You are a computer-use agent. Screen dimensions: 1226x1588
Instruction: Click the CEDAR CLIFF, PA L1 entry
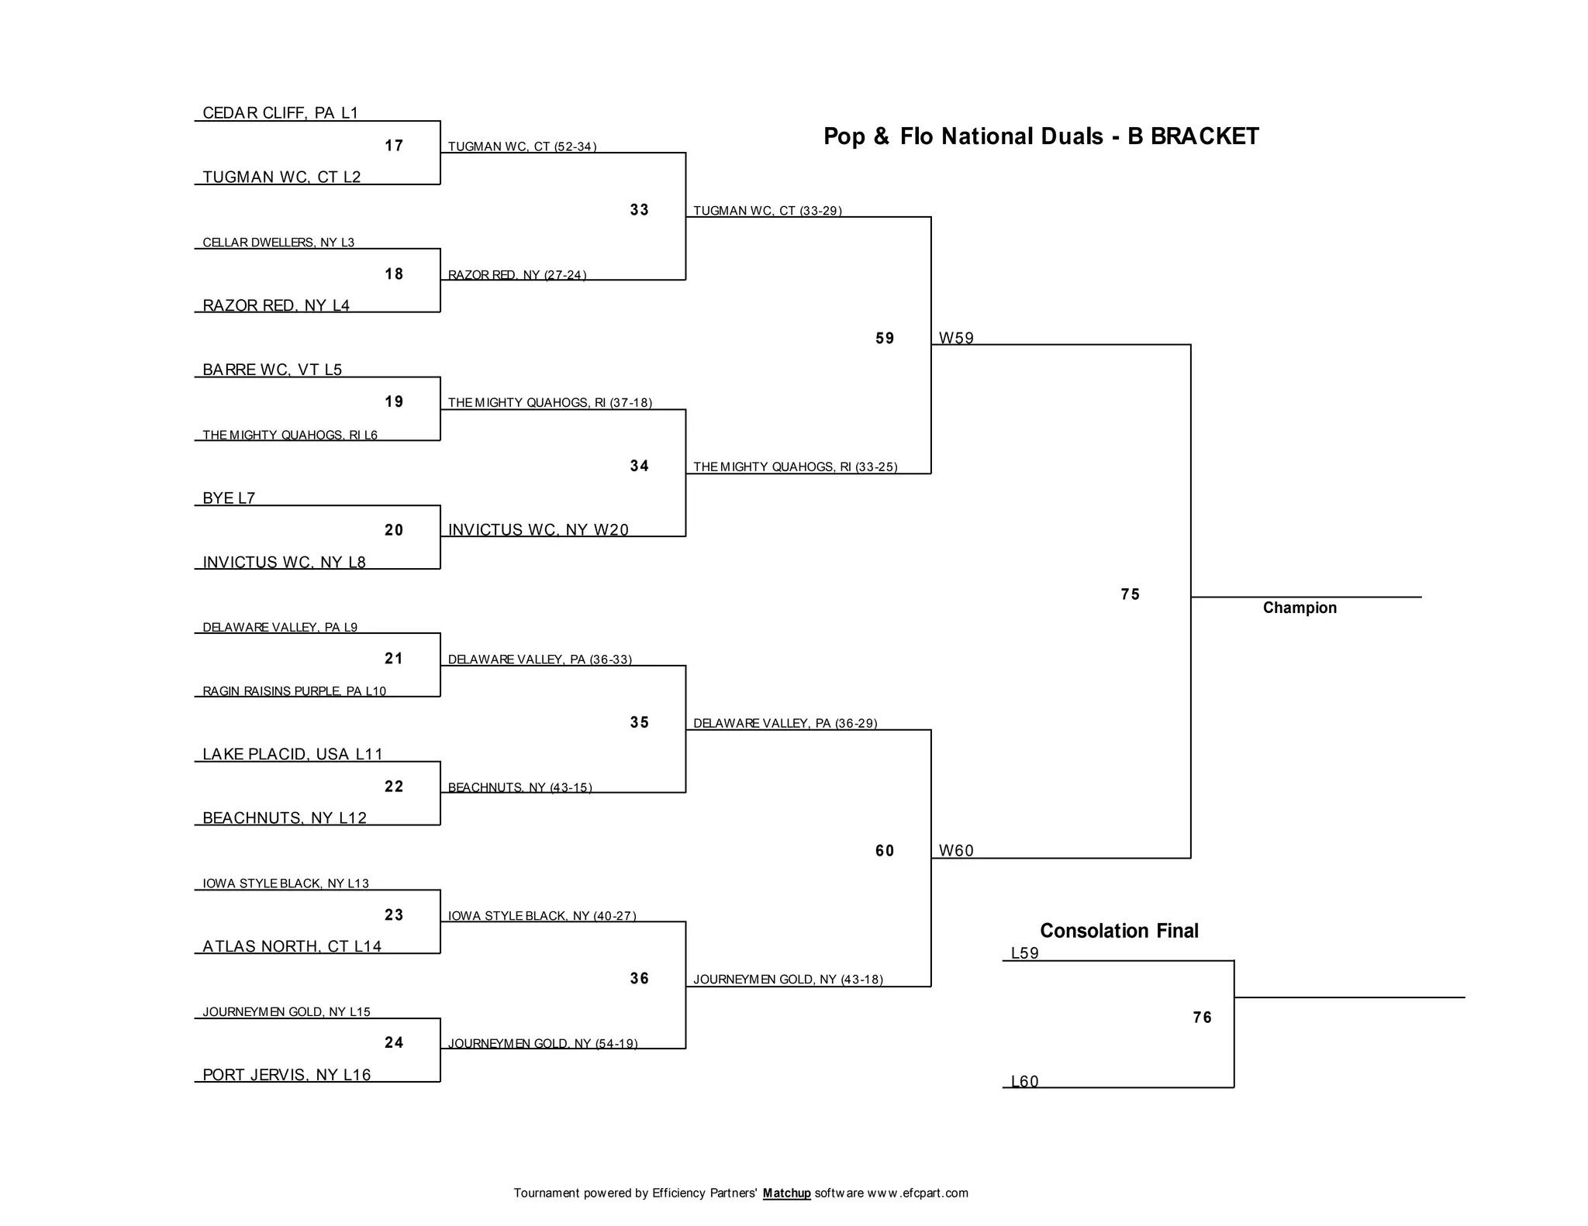point(280,113)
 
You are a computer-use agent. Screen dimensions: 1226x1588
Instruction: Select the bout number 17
point(394,146)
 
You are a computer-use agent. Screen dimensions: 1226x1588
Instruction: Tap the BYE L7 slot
point(229,498)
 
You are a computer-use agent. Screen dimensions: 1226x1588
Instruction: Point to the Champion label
point(1300,608)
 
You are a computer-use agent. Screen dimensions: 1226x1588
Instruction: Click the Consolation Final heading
point(1119,931)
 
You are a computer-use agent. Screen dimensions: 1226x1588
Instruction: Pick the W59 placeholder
point(956,338)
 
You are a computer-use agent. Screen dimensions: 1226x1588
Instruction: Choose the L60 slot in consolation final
point(1024,1081)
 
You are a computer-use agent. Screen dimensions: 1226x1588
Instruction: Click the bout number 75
point(1131,594)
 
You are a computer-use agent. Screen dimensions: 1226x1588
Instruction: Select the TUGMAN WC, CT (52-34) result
point(522,146)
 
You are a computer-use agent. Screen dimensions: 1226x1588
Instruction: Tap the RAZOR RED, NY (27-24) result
point(517,275)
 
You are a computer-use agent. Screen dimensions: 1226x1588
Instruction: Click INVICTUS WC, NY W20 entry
point(538,530)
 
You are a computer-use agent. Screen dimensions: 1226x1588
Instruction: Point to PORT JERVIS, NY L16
point(286,1075)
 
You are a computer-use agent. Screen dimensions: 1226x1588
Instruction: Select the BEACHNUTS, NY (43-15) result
point(520,787)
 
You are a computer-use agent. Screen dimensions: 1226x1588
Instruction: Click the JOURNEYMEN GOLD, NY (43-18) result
point(788,980)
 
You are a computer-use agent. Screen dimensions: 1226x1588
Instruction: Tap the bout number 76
point(1202,1018)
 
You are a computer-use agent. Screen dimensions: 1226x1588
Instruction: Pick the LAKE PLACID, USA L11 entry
point(292,754)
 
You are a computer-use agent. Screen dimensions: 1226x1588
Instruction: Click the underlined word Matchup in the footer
point(786,1193)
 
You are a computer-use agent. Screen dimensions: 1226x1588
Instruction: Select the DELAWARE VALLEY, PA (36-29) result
point(785,723)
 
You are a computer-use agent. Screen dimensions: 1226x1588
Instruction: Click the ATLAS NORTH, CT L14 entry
point(292,946)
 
